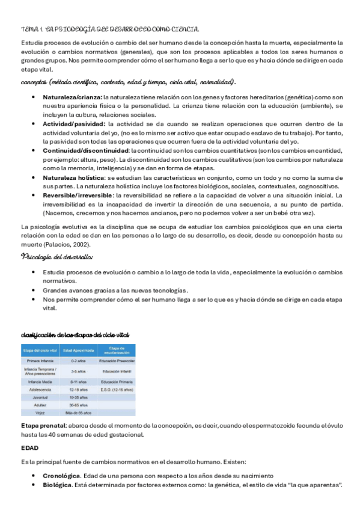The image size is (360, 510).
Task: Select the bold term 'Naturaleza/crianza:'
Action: coord(72,96)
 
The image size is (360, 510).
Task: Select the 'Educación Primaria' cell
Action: coord(117,381)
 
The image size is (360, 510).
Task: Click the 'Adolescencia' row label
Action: coord(40,389)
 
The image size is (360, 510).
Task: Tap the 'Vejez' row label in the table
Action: coord(40,413)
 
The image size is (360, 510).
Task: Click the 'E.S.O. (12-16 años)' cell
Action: coord(117,389)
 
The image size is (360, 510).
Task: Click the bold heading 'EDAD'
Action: coord(30,448)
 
